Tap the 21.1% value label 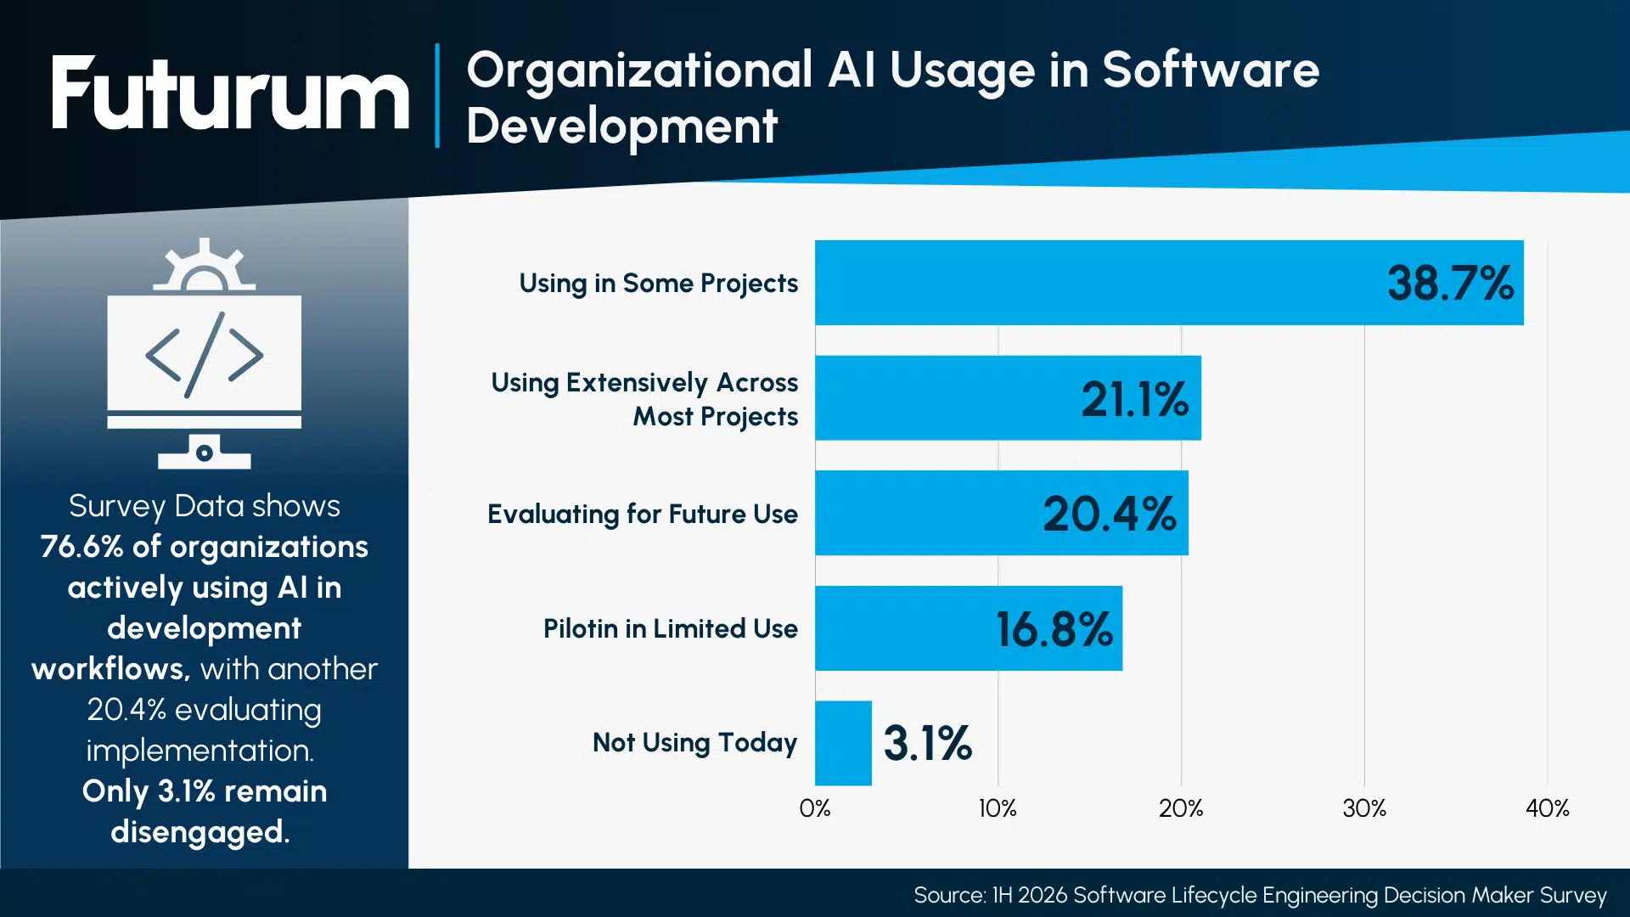tap(1134, 399)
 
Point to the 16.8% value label tap(1054, 629)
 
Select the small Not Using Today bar tap(843, 743)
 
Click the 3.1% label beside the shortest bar tap(927, 743)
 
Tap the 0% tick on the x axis tap(815, 808)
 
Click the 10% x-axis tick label tap(998, 808)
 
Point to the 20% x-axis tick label tap(1181, 808)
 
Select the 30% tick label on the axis tap(1364, 808)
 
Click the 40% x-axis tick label tap(1547, 808)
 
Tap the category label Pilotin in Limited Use tap(671, 629)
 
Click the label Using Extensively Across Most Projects tap(645, 399)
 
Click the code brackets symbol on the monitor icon tap(204, 355)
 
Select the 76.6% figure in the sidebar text tap(81, 547)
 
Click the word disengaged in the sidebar tap(200, 832)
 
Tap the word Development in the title tap(621, 127)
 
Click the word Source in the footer tap(948, 895)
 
